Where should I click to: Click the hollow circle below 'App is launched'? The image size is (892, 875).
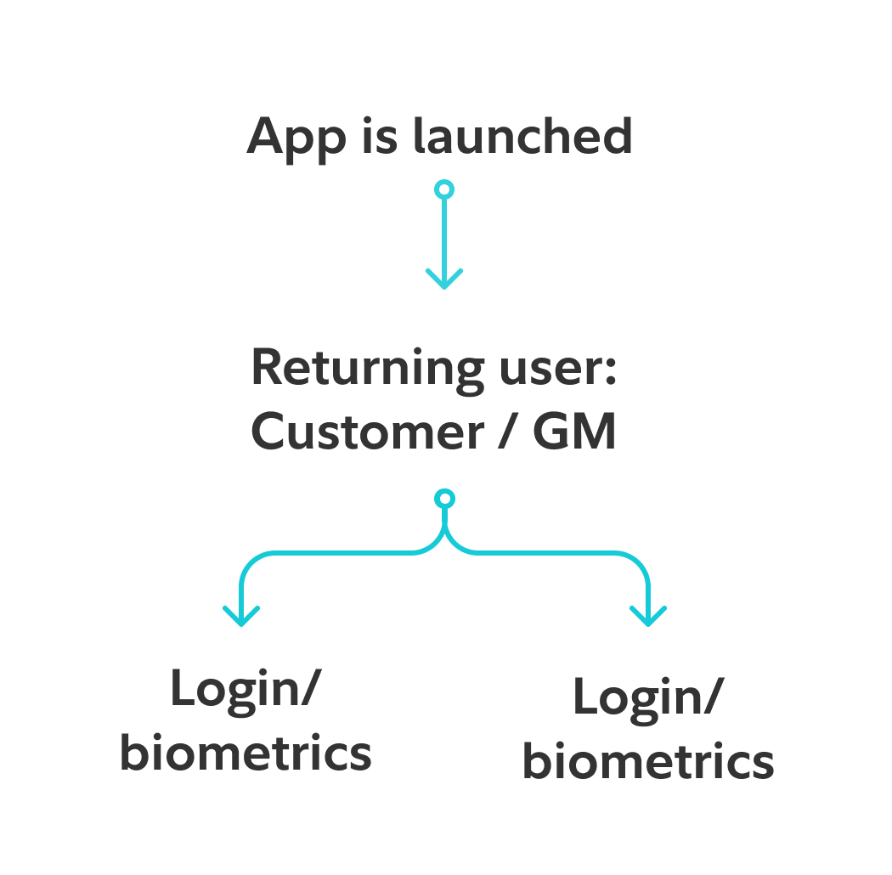click(x=443, y=189)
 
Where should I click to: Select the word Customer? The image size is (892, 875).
click(x=367, y=432)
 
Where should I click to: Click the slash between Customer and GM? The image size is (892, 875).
click(x=506, y=432)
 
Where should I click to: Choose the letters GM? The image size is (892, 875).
click(x=573, y=432)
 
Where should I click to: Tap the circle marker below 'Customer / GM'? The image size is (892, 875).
click(x=443, y=499)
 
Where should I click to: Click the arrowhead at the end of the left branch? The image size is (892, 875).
click(x=241, y=617)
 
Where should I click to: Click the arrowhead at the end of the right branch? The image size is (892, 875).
click(x=648, y=617)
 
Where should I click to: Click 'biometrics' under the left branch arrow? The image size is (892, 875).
click(x=246, y=752)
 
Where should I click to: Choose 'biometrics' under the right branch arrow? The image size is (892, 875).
click(x=647, y=761)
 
